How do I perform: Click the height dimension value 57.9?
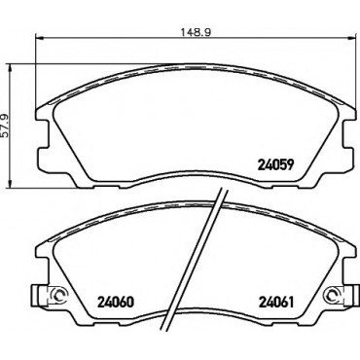[5, 126]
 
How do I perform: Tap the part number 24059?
[275, 165]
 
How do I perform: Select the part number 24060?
[116, 302]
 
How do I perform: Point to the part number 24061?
[275, 302]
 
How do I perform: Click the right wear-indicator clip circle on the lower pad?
[333, 295]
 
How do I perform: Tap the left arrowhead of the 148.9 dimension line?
[39, 38]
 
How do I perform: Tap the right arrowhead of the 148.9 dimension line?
[354, 38]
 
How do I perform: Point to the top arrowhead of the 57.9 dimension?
[11, 68]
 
